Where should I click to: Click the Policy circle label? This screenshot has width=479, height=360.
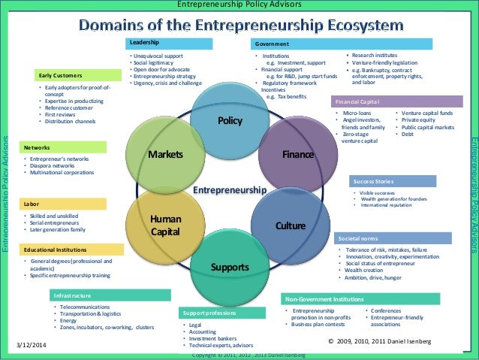(229, 121)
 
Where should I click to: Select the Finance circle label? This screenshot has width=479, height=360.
(298, 155)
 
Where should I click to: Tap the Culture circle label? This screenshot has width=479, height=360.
(291, 225)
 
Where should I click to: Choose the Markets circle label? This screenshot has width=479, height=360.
(165, 155)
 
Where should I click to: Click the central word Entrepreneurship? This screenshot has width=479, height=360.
(230, 190)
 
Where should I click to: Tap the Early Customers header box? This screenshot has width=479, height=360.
(78, 75)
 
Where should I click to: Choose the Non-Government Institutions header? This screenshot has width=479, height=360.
(349, 299)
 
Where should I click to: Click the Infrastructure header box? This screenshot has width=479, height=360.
(110, 295)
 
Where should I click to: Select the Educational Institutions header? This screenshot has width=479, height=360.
(71, 249)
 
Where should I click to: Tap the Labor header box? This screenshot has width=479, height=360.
(71, 204)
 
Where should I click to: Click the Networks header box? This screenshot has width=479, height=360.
(71, 147)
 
